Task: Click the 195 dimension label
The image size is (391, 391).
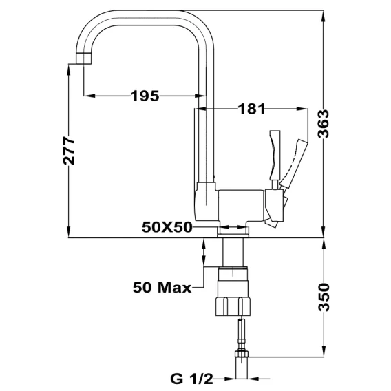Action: (145, 96)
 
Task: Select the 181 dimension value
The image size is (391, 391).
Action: (251, 109)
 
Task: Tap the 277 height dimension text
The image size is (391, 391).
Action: (69, 151)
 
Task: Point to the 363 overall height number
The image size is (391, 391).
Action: (324, 124)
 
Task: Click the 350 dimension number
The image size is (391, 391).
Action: (324, 297)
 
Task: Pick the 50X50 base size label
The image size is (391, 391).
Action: (167, 227)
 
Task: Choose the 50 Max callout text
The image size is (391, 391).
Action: (162, 287)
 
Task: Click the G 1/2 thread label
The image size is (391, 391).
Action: (192, 379)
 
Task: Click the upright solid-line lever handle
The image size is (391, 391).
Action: (275, 155)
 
